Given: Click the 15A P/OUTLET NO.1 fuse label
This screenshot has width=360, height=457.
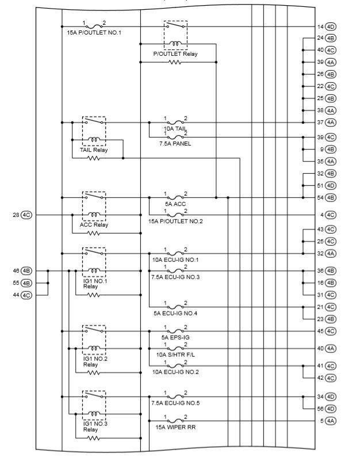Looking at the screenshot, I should (x=94, y=33).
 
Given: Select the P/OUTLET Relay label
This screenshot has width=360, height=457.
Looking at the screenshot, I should (x=175, y=53).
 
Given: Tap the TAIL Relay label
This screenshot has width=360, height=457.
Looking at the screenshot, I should (x=94, y=150).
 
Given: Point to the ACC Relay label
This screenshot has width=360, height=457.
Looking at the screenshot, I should (x=94, y=224).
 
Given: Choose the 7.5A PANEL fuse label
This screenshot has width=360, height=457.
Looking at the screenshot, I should (x=175, y=143).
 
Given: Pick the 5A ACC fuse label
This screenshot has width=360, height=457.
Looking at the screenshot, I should (x=175, y=204).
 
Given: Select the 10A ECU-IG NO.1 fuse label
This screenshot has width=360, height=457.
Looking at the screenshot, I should (x=175, y=260).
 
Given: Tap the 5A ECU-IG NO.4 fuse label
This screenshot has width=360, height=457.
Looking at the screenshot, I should (x=175, y=314).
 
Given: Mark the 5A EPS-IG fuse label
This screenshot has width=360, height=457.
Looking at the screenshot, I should (x=175, y=337).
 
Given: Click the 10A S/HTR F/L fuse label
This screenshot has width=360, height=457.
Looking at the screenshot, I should (x=175, y=355).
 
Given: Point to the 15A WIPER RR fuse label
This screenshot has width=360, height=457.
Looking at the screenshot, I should (x=175, y=426).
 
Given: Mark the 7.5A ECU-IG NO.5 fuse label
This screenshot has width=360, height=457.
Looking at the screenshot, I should (x=175, y=403).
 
